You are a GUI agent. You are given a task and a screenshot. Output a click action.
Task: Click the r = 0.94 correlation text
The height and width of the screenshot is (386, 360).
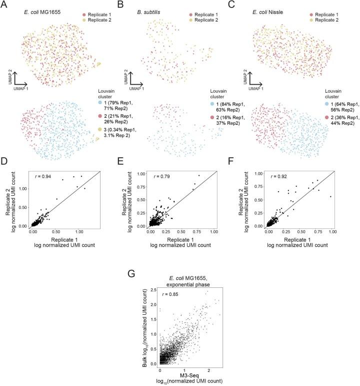point(43,176)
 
